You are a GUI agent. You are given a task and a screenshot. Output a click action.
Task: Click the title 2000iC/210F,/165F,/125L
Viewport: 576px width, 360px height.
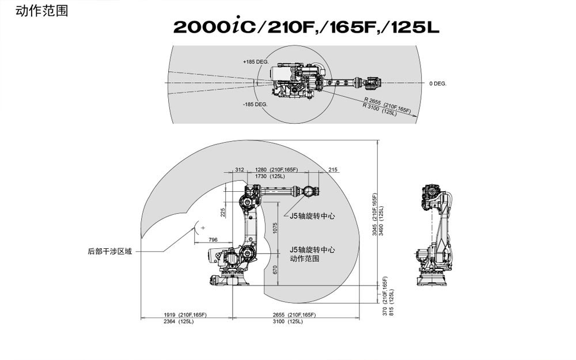click(x=306, y=27)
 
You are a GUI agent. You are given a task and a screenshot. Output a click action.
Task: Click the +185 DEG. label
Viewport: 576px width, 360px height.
click(x=256, y=61)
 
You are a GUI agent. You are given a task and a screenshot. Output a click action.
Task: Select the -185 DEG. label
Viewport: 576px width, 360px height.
click(x=255, y=104)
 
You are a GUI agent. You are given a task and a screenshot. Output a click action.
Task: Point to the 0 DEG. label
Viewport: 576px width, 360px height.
click(x=437, y=84)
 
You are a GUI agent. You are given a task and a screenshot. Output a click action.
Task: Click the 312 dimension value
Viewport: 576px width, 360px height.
click(x=240, y=169)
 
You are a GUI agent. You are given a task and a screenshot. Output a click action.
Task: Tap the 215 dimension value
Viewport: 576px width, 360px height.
click(x=333, y=169)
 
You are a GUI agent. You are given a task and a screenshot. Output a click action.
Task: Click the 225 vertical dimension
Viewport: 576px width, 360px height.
click(x=222, y=212)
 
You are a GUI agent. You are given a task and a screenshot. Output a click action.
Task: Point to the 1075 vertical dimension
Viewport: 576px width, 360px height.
click(x=275, y=228)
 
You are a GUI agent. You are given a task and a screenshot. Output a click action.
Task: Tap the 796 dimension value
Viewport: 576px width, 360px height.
click(x=213, y=239)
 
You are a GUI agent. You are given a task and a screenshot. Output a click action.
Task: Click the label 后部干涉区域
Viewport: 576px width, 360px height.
click(x=109, y=251)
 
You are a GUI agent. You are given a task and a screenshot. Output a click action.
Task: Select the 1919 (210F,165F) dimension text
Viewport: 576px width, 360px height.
click(x=185, y=314)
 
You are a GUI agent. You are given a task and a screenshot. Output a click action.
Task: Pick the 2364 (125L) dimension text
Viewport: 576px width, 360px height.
click(x=179, y=321)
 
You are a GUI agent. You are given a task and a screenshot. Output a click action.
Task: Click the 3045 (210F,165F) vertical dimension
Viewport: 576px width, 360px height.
click(x=374, y=215)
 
